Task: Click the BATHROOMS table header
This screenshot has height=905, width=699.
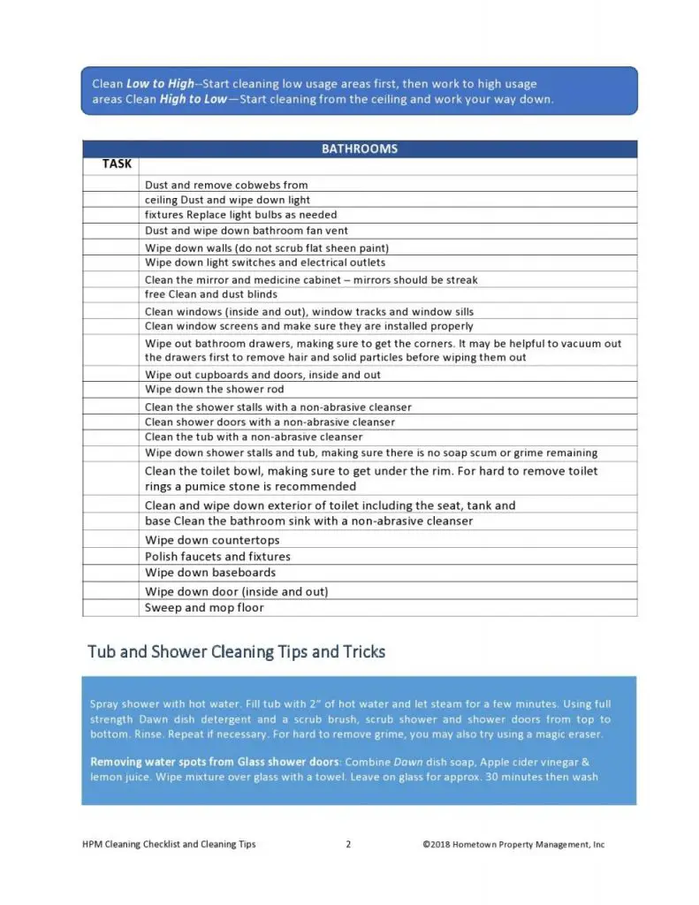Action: pos(359,149)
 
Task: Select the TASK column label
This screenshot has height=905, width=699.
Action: pos(117,164)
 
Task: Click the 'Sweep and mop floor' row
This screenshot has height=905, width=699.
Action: pos(204,608)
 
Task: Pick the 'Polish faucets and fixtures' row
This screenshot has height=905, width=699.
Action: pos(217,557)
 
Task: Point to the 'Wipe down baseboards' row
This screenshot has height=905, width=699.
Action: pos(210,573)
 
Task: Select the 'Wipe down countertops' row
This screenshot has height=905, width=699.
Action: pos(212,541)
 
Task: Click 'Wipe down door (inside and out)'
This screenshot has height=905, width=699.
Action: pos(236,591)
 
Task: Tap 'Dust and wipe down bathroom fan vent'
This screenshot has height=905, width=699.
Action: pos(247,231)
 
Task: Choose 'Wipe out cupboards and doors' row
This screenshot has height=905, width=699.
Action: pos(262,375)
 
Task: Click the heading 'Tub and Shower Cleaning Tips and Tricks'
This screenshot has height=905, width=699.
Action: pos(236,652)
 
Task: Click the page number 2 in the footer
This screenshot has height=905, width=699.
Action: pos(348,845)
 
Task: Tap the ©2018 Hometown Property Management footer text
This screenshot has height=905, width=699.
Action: pos(513,845)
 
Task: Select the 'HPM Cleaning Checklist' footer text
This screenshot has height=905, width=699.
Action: pos(169,845)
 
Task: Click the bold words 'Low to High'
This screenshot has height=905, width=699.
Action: pos(160,84)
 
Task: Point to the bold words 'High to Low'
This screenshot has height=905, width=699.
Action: pos(193,99)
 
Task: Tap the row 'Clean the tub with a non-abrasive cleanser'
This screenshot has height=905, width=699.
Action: pos(254,437)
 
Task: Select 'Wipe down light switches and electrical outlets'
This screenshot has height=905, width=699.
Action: pos(265,262)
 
